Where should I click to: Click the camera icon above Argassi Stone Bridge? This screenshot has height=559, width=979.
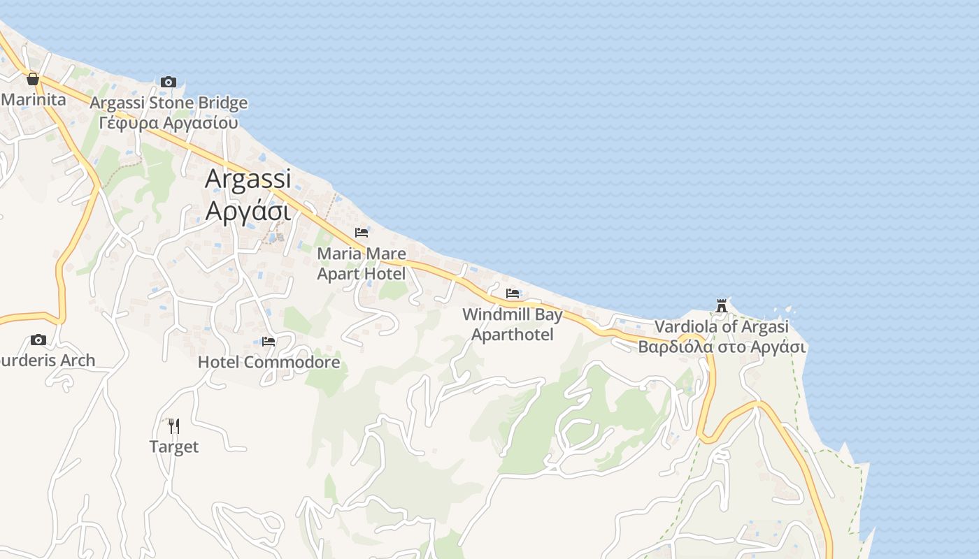(168, 82)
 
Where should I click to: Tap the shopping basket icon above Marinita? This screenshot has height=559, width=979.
(32, 79)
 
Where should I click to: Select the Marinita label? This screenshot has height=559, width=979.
(34, 99)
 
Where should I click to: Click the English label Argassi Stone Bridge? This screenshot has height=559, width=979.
(169, 103)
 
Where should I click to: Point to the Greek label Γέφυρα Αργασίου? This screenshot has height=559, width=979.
(169, 123)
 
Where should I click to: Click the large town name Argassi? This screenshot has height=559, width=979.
(248, 179)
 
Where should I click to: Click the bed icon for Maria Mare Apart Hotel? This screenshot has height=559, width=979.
(362, 233)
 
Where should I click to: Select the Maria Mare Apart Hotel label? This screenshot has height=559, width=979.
(362, 263)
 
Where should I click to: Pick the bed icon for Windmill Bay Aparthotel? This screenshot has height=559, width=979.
(513, 293)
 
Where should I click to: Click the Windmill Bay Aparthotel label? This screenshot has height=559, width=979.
(513, 325)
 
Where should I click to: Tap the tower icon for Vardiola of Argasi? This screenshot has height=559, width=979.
(722, 305)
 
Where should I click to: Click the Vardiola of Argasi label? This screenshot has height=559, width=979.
(722, 326)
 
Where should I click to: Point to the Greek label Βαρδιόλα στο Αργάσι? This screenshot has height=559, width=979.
(722, 347)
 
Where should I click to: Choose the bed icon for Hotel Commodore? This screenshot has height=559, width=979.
(269, 342)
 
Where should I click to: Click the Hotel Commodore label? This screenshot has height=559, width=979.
(269, 362)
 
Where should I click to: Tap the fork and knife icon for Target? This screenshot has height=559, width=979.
(174, 426)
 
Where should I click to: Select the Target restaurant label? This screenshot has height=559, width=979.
(174, 447)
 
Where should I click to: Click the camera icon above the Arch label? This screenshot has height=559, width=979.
(38, 340)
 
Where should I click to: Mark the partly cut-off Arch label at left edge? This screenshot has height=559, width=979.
(48, 361)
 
